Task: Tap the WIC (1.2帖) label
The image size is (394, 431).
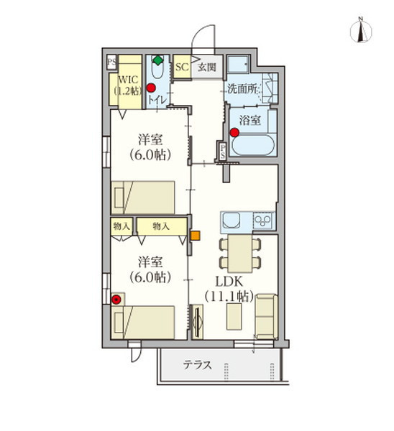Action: pyautogui.click(x=129, y=84)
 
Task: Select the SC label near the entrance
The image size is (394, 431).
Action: pyautogui.click(x=181, y=67)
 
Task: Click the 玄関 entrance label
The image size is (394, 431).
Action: pyautogui.click(x=207, y=67)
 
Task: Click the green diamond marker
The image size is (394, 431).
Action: pyautogui.click(x=158, y=60)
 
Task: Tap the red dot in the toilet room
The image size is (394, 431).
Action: pyautogui.click(x=151, y=88)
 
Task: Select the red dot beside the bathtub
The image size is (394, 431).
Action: pyautogui.click(x=234, y=132)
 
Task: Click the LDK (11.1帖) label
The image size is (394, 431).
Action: pyautogui.click(x=229, y=287)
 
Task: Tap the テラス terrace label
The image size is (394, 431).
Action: pyautogui.click(x=196, y=365)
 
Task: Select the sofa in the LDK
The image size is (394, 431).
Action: pyautogui.click(x=265, y=315)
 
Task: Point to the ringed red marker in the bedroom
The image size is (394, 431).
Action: pyautogui.click(x=117, y=299)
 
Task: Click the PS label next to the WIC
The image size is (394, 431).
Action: pyautogui.click(x=111, y=62)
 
